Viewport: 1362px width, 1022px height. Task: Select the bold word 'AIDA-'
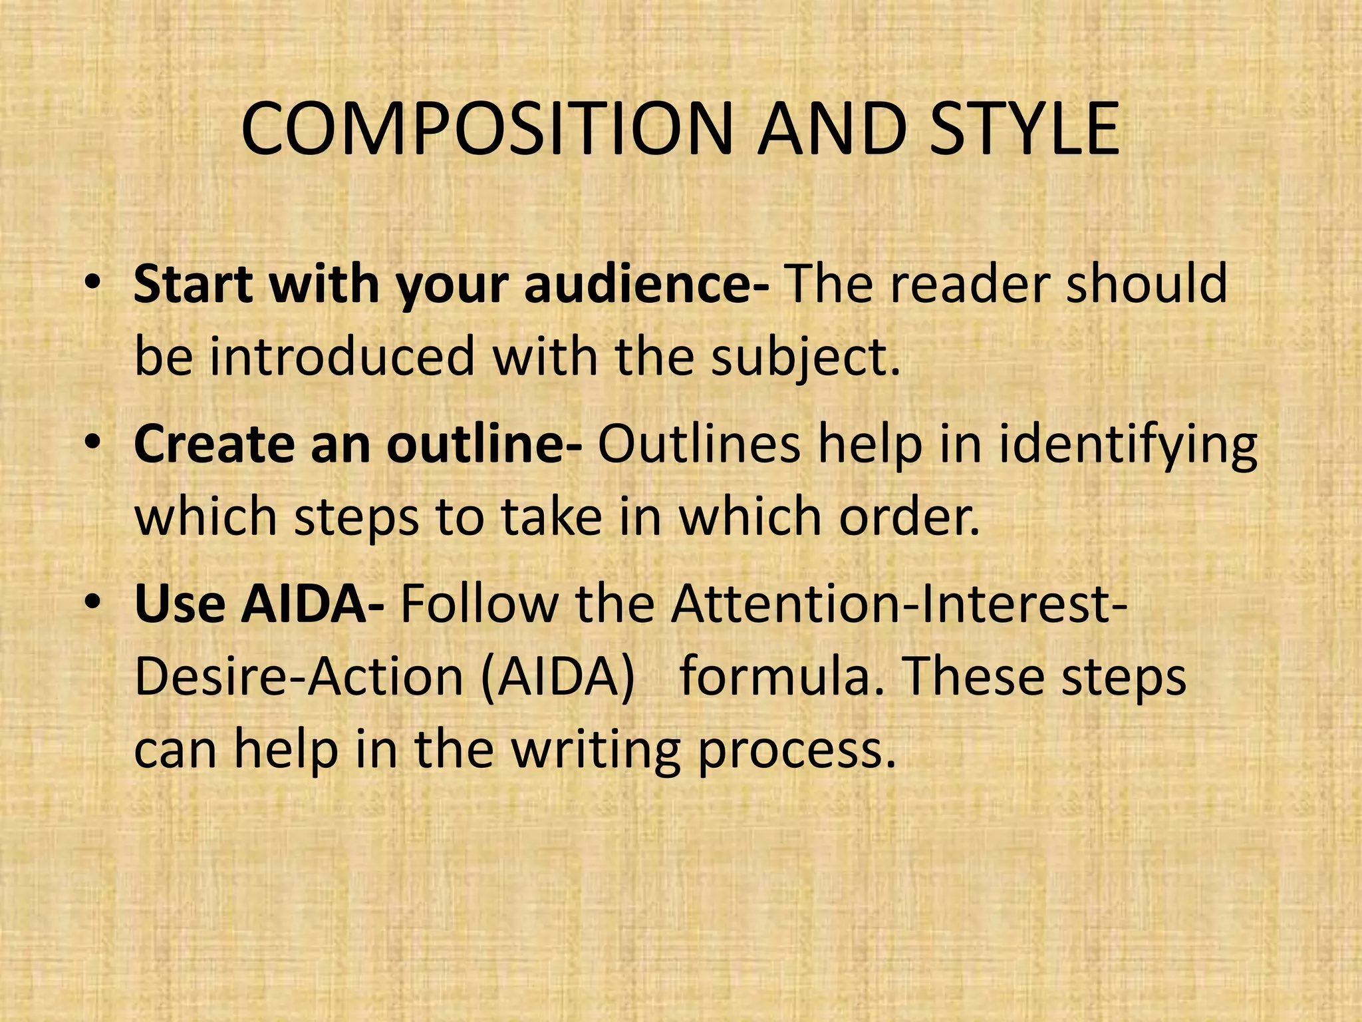(313, 604)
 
